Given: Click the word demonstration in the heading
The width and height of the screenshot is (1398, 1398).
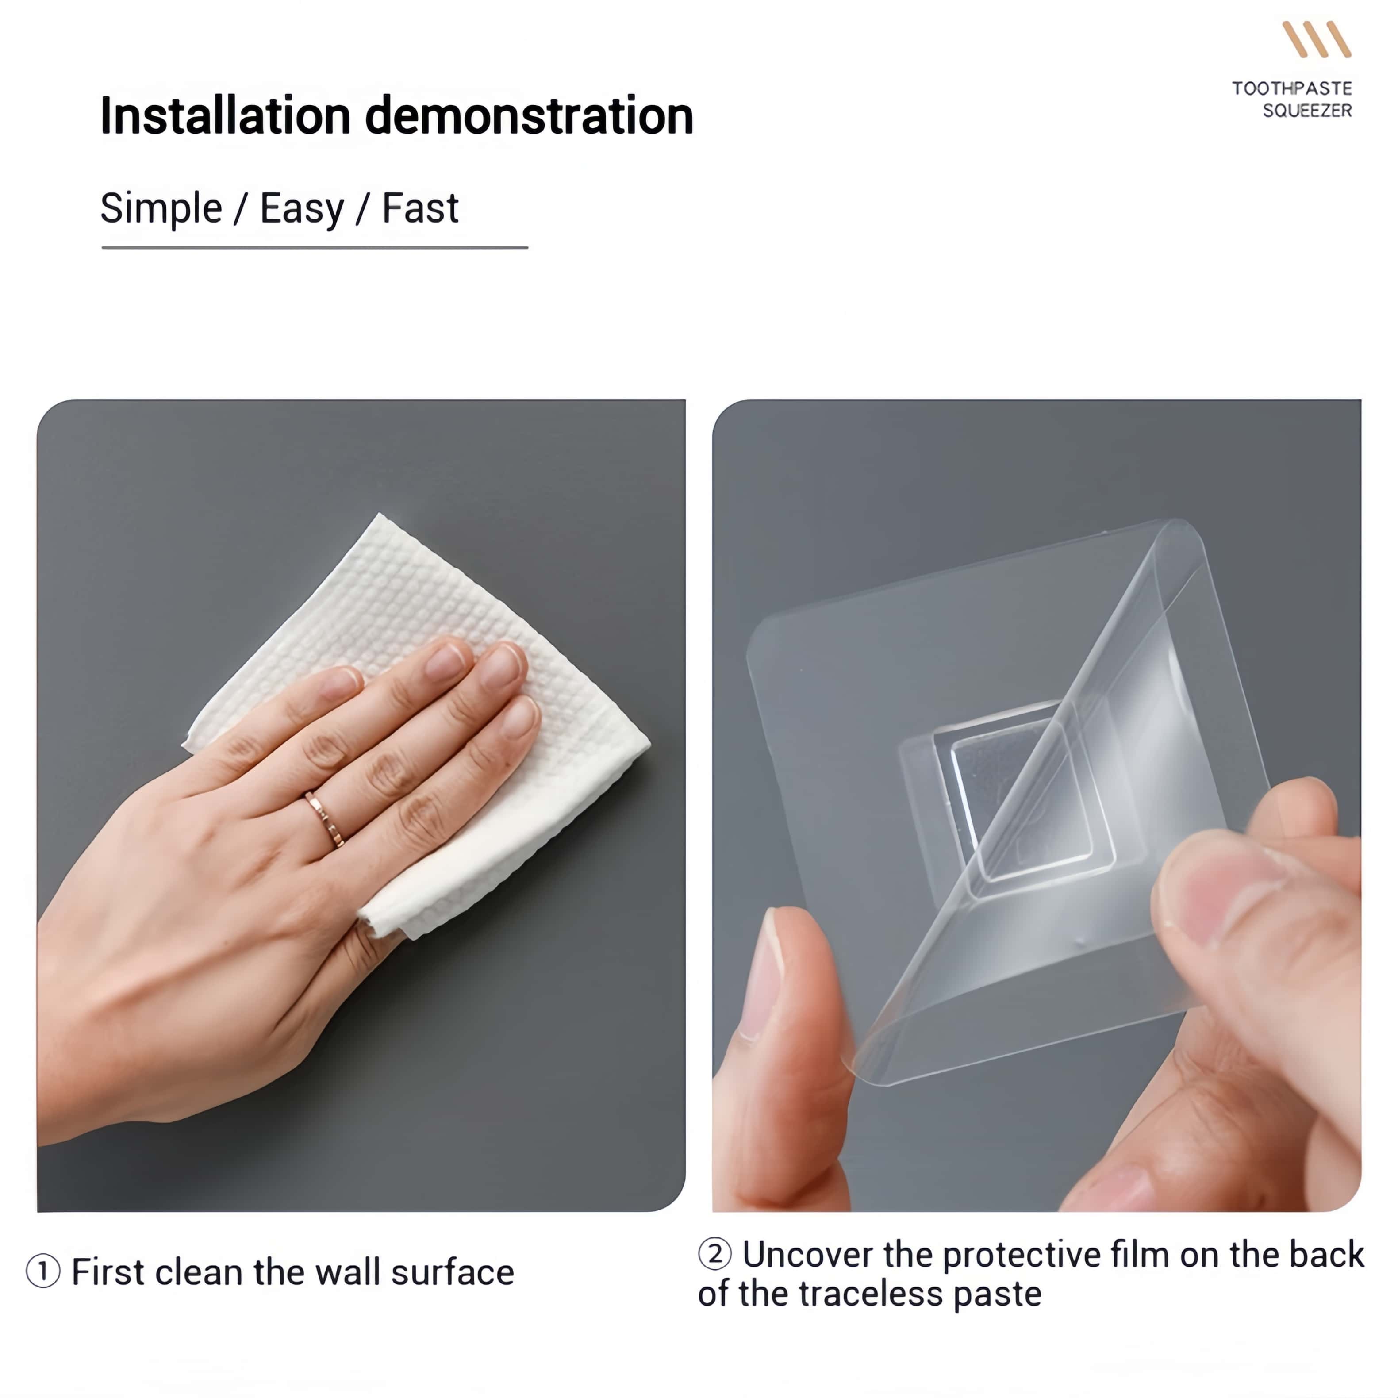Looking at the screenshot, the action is (x=529, y=116).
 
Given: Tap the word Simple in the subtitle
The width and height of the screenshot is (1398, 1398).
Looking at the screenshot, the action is (x=161, y=209).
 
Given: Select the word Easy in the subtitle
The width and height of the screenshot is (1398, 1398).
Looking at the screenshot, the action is (x=301, y=210).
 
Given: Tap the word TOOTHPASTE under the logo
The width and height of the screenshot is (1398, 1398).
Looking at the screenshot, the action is (x=1292, y=88).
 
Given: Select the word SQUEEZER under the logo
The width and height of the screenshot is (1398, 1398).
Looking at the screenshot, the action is (x=1307, y=110).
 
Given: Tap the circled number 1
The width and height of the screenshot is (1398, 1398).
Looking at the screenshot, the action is (x=43, y=1271).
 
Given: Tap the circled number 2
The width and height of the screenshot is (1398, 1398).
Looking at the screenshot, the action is (x=715, y=1254).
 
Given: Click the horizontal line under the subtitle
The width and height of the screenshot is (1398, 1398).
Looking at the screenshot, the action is (x=315, y=247).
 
